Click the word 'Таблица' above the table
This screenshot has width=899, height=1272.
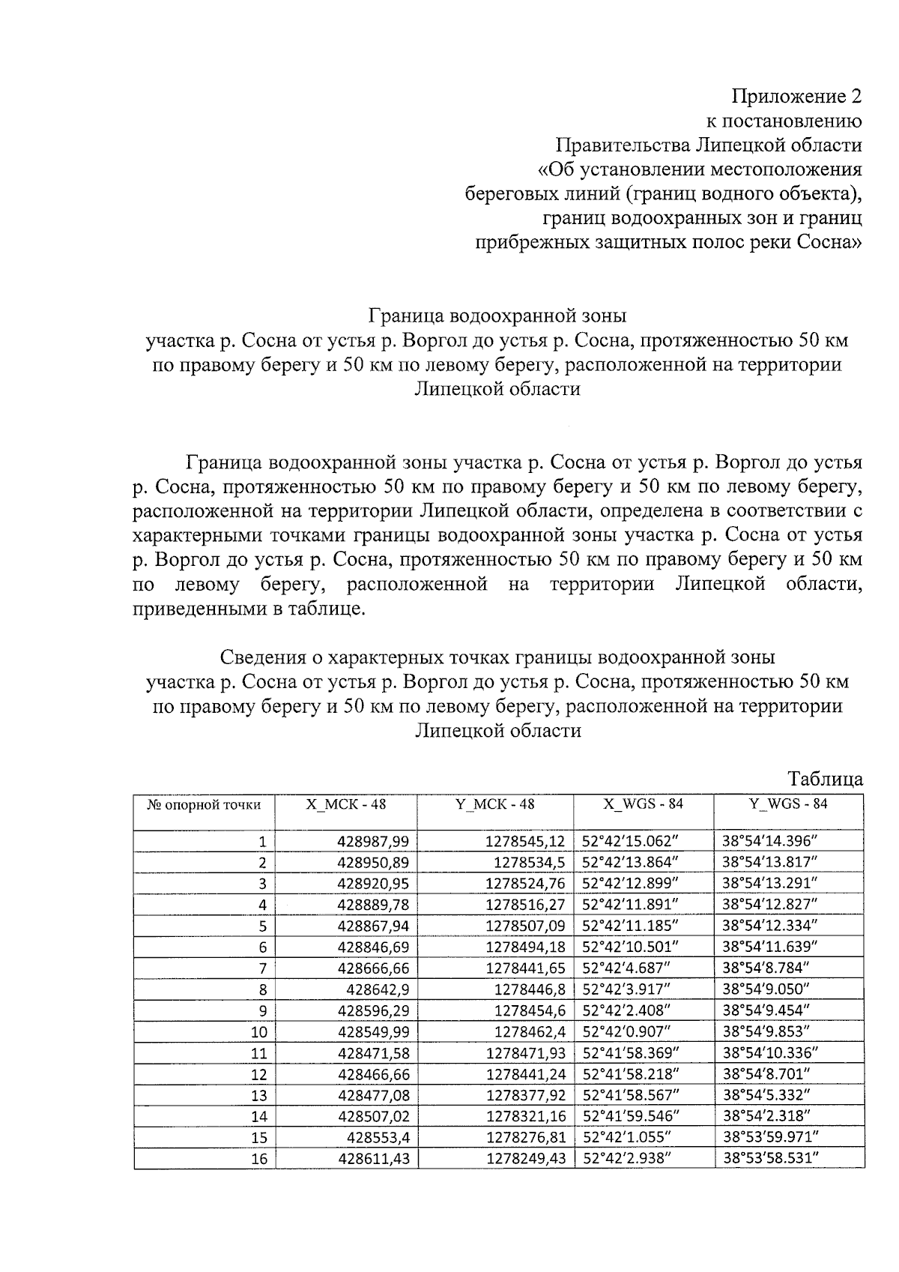[x=826, y=779]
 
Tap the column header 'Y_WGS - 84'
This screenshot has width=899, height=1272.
[x=788, y=804]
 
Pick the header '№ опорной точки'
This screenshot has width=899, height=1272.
[x=204, y=805]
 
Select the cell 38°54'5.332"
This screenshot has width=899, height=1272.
[x=766, y=1095]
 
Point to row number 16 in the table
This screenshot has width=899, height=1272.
[x=259, y=1159]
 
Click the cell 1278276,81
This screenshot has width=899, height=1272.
[x=526, y=1138]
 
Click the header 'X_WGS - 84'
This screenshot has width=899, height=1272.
[x=644, y=804]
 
